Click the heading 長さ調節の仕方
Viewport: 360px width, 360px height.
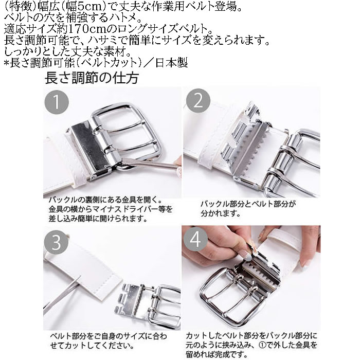click(x=91, y=79)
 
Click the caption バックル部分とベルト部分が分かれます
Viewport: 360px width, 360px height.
click(x=248, y=207)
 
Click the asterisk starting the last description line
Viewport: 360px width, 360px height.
click(x=6, y=63)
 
